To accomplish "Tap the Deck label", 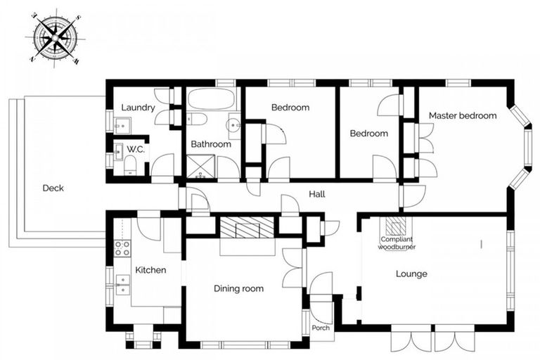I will [x=53, y=188].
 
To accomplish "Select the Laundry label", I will [x=138, y=108].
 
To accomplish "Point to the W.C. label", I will [x=135, y=149].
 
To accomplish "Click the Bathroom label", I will [x=211, y=144].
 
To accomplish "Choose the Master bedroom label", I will [x=463, y=115].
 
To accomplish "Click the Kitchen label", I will [x=150, y=269].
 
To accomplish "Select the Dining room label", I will [x=238, y=288].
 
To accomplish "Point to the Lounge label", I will [x=411, y=274].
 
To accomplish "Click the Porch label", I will [x=321, y=328].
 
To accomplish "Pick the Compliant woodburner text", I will [x=397, y=243].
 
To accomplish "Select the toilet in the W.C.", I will [x=130, y=165].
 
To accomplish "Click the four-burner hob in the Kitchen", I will [x=122, y=247].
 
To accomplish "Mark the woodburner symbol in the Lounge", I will [x=396, y=226].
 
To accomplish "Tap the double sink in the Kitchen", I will [x=122, y=283].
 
